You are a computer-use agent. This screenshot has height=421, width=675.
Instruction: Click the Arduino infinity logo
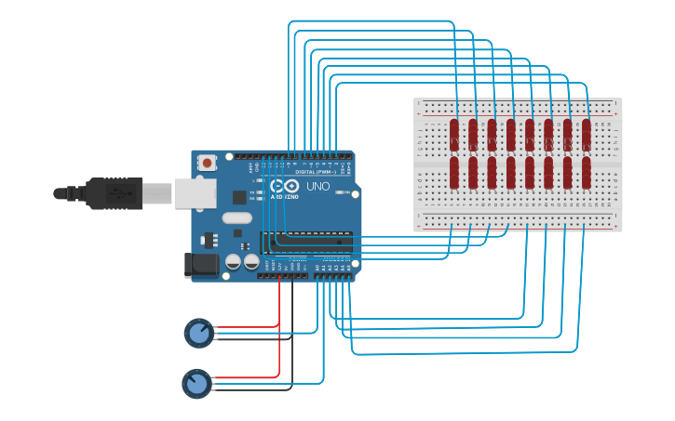[x=278, y=187]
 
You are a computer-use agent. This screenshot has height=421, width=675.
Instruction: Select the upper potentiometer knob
[x=198, y=333]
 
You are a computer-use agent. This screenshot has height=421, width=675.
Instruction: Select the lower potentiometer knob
[x=196, y=383]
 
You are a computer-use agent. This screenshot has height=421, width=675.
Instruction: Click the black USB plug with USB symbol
[x=116, y=193]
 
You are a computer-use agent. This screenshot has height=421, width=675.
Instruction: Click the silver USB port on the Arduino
[x=195, y=193]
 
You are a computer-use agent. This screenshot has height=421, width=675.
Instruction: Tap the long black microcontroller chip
[x=307, y=242]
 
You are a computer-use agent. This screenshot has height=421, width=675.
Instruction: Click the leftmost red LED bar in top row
[x=454, y=135]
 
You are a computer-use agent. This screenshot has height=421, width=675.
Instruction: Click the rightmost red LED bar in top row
[x=587, y=135]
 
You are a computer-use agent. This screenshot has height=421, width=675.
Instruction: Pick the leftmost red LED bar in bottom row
[x=454, y=172]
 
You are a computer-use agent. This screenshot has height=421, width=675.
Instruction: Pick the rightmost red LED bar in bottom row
[x=587, y=172]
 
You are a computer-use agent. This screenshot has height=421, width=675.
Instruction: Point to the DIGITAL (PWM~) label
[x=315, y=172]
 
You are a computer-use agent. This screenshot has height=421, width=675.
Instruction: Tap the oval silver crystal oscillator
[x=236, y=218]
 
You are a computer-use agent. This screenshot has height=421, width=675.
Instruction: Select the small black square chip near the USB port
[x=239, y=197]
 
